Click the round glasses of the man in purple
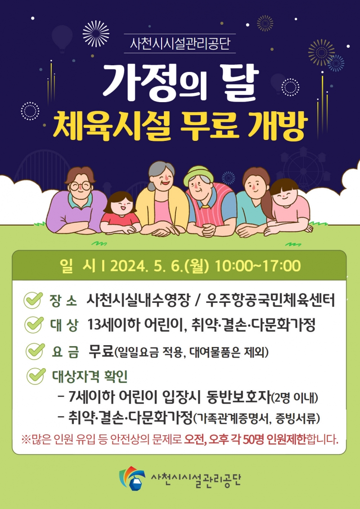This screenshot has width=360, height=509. pos(80,186)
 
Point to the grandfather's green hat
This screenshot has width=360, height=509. pos(198,176)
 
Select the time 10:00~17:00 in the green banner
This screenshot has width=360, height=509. pos(258,266)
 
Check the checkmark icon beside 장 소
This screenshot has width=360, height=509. pos(33,300)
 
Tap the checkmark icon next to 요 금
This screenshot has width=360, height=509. pos(35,351)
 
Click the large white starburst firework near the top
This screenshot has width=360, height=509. pos(96,33)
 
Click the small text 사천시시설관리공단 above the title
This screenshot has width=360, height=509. pos(180,44)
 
